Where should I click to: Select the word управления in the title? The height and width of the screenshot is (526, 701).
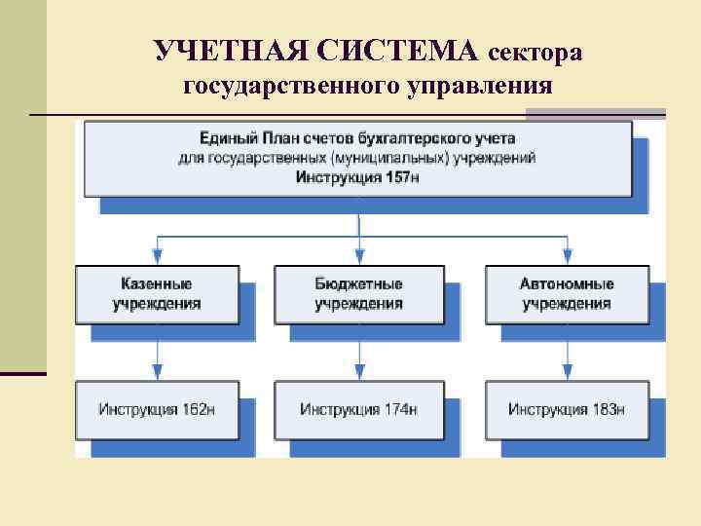pyautogui.click(x=474, y=88)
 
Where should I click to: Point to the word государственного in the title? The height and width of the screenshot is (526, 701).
pyautogui.click(x=277, y=88)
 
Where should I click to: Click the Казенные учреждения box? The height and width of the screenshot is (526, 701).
pyautogui.click(x=156, y=294)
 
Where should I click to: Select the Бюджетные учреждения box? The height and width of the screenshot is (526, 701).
pyautogui.click(x=358, y=294)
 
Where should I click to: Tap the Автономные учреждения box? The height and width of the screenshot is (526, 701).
pyautogui.click(x=566, y=294)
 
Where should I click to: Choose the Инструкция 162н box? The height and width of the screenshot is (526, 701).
pyautogui.click(x=156, y=409)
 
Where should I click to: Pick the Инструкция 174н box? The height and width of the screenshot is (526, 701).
pyautogui.click(x=358, y=409)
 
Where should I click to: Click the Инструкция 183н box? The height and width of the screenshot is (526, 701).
pyautogui.click(x=566, y=409)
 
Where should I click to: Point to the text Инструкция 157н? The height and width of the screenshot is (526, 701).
pyautogui.click(x=357, y=176)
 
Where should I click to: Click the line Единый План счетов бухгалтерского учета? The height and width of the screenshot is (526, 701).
pyautogui.click(x=357, y=139)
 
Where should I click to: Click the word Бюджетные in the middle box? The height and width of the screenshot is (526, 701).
pyautogui.click(x=358, y=284)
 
